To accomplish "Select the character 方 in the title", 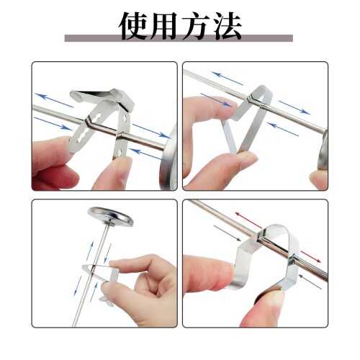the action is (x=196, y=26).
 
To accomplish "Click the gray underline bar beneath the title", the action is (x=179, y=38).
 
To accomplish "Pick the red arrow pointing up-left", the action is (x=248, y=220).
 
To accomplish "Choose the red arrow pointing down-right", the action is (x=311, y=257).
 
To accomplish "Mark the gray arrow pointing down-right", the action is (x=227, y=233).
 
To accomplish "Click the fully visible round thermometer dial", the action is (x=110, y=216).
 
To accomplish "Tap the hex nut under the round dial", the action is (x=110, y=224).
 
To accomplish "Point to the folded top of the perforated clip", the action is (x=103, y=96).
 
